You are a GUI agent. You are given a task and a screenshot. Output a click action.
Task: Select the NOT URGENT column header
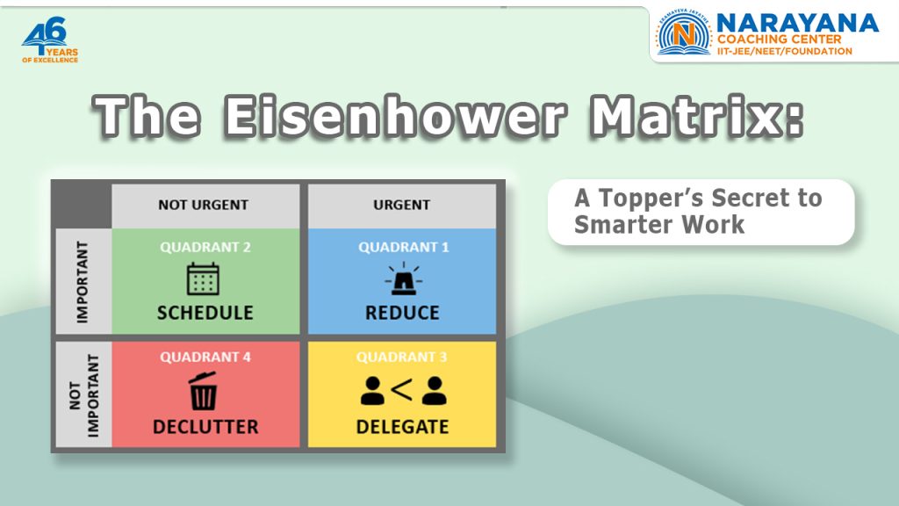tap(204, 205)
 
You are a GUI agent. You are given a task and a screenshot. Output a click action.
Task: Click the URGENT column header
tap(401, 205)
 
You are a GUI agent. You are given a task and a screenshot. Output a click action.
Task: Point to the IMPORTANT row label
tap(83, 281)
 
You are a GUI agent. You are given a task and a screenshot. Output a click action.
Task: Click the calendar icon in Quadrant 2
tap(203, 279)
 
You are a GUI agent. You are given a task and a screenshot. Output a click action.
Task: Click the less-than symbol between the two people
tap(402, 390)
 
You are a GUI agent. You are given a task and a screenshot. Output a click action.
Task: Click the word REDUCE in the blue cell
tap(402, 313)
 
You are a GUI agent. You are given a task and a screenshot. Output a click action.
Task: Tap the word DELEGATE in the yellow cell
tap(402, 427)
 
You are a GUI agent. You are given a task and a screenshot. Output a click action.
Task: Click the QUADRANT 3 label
tap(402, 358)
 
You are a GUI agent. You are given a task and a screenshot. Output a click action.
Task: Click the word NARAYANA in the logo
tap(797, 23)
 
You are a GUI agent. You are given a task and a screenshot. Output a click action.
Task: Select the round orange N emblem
tap(685, 35)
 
